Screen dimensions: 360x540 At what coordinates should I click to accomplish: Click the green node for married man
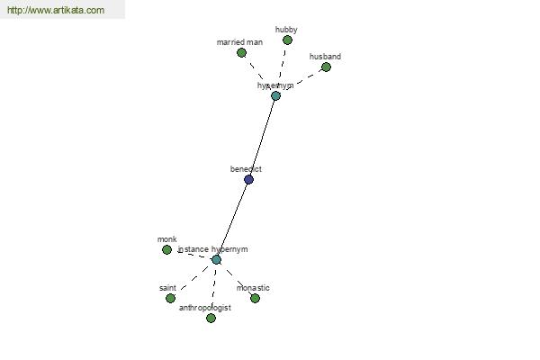[x=241, y=52]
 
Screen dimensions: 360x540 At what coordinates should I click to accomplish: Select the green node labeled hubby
[x=287, y=40]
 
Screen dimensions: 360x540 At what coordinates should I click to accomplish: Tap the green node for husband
[x=326, y=67]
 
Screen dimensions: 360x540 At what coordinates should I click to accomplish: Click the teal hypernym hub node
[x=275, y=95]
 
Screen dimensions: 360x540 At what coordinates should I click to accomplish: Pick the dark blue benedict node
[x=248, y=179]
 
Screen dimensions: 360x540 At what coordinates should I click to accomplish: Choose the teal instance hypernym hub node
[x=216, y=259]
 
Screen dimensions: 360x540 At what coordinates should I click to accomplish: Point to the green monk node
[x=166, y=249]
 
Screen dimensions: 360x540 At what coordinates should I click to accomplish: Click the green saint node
[x=170, y=298]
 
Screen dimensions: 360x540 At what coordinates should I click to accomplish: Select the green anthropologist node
[x=211, y=318]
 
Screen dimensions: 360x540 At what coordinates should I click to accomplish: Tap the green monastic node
[x=255, y=298]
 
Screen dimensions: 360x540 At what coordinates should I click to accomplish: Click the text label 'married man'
[x=239, y=42]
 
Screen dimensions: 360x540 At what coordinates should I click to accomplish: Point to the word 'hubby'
[x=286, y=30]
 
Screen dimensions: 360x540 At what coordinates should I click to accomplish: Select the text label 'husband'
[x=325, y=57]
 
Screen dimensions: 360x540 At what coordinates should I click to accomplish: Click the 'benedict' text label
[x=246, y=169]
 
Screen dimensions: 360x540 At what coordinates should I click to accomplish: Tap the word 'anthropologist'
[x=204, y=308]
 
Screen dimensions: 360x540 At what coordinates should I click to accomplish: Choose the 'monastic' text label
[x=253, y=288]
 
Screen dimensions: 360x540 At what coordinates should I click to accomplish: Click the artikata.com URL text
[x=56, y=11]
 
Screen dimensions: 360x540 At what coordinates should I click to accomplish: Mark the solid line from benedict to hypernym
[x=262, y=137]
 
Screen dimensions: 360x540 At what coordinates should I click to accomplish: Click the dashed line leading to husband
[x=302, y=80]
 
